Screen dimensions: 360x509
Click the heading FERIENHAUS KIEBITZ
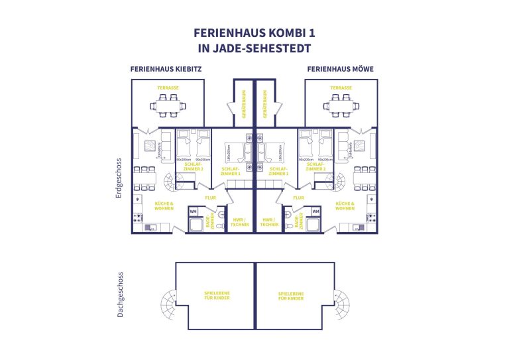(x=166, y=68)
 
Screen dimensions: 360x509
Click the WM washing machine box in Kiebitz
(x=194, y=211)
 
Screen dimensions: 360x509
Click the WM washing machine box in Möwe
(x=315, y=211)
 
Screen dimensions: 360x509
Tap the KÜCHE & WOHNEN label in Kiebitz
(x=164, y=206)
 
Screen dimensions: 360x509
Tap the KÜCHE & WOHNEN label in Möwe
(x=345, y=206)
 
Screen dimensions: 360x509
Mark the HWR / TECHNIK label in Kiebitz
(x=240, y=222)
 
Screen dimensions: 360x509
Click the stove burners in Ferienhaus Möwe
(x=371, y=217)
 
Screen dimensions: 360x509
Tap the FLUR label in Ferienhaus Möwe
(x=298, y=197)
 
